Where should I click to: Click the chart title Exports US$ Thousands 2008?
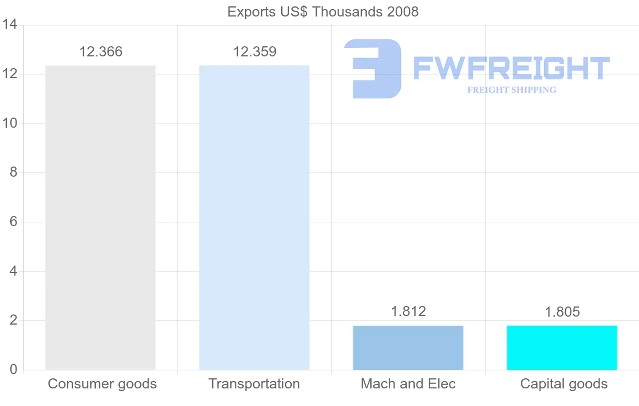pyautogui.click(x=323, y=12)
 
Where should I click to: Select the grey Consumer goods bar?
pyautogui.click(x=100, y=218)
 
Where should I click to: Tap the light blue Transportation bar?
pyautogui.click(x=254, y=218)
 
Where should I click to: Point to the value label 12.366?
pyautogui.click(x=101, y=52)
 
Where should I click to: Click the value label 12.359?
pyautogui.click(x=255, y=52)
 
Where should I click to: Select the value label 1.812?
pyautogui.click(x=408, y=311)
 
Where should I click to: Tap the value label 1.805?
pyautogui.click(x=562, y=312)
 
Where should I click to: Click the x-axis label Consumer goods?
pyautogui.click(x=102, y=384)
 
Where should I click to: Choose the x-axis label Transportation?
pyautogui.click(x=254, y=384)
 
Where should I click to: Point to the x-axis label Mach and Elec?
pyautogui.click(x=408, y=384)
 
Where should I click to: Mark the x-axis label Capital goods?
pyautogui.click(x=563, y=384)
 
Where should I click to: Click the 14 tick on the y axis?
pyautogui.click(x=10, y=24)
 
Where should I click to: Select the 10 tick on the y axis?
pyautogui.click(x=10, y=123)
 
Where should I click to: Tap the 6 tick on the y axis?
pyautogui.click(x=14, y=222)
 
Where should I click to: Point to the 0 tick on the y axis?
pyautogui.click(x=14, y=370)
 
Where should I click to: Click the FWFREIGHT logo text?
pyautogui.click(x=511, y=68)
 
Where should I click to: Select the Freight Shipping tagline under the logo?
pyautogui.click(x=511, y=90)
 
